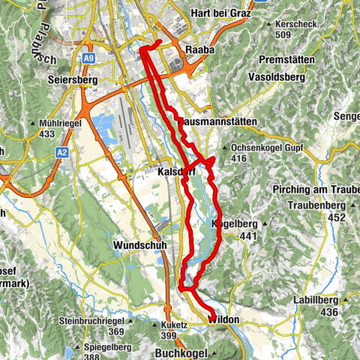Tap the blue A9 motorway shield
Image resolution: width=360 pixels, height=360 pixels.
click(x=89, y=57)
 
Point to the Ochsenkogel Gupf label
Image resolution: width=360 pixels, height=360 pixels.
click(x=266, y=148)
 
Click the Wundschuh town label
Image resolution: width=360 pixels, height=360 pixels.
click(x=139, y=245)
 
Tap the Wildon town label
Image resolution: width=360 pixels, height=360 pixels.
click(x=223, y=320)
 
